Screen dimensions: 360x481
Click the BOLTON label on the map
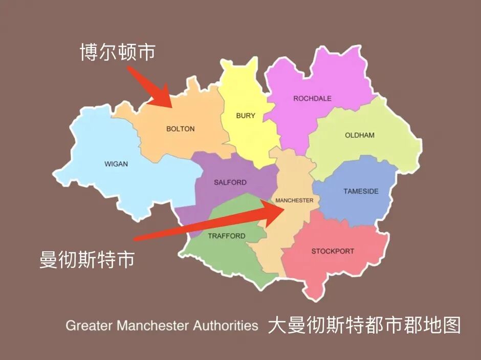[181, 129]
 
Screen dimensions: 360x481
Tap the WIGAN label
[116, 164]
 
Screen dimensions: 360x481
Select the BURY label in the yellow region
[246, 116]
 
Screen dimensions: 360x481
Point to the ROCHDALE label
[312, 98]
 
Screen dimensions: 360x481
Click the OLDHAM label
[360, 136]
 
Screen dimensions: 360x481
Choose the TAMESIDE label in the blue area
[361, 191]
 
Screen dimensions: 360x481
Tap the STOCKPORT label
[333, 251]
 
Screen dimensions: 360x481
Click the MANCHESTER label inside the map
[294, 200]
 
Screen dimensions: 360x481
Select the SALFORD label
[230, 183]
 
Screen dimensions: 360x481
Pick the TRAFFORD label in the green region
[227, 236]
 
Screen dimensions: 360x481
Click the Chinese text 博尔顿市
[117, 52]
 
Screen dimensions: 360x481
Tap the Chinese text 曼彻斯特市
[87, 259]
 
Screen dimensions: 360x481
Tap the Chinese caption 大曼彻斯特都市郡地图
[364, 326]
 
